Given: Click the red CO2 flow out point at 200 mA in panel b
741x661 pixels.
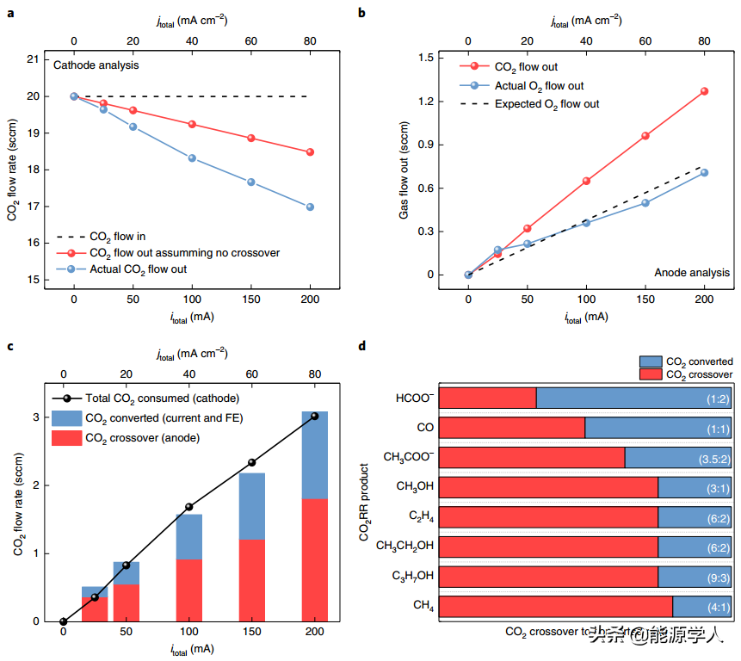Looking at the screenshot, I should coord(704,91).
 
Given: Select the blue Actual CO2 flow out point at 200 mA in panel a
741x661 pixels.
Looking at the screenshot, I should coord(310,207).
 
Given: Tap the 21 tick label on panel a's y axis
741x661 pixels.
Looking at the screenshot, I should coord(33,59).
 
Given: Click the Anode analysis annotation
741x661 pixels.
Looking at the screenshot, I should coord(690,272).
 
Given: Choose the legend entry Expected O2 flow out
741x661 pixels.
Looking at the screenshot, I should coord(546,104).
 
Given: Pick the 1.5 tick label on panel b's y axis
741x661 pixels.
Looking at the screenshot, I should coord(424,57).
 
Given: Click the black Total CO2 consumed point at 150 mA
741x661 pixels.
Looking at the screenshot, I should coord(252,462).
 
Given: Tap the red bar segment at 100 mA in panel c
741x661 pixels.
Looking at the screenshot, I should coord(189,590).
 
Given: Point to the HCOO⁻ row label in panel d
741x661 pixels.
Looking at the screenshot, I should coord(414,398).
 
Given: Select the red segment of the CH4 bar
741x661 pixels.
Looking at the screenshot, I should coord(555,607).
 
